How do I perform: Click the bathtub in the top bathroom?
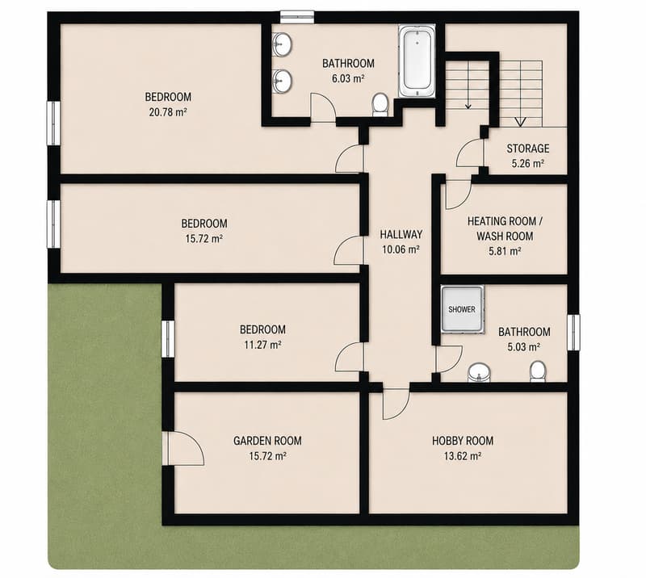pos(417,61)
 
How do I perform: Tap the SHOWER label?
pos(461,309)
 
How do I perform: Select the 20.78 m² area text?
pos(168,112)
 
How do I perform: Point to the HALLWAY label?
pos(401,234)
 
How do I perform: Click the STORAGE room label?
pos(528,149)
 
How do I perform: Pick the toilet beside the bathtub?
pos(380,105)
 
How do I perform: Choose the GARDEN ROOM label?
pos(267,441)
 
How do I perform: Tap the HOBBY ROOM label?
pos(463,441)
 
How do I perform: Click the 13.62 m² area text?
pos(463,456)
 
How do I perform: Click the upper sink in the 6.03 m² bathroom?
pos(282,44)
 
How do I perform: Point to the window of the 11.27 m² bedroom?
pos(167,339)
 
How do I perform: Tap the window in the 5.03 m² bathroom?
pos(573,333)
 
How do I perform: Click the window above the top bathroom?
pos(297,17)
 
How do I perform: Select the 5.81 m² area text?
pos(505,251)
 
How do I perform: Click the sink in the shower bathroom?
pos(479,373)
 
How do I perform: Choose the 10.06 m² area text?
pos(401,249)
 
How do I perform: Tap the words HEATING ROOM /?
pos(505,221)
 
